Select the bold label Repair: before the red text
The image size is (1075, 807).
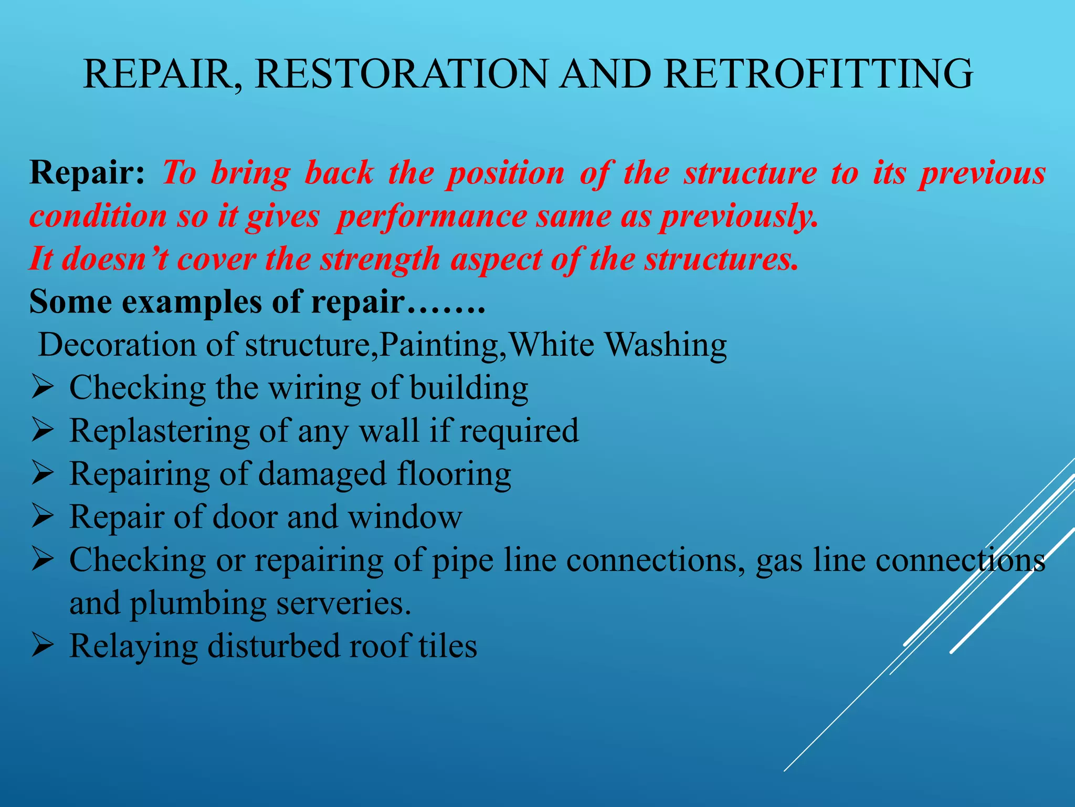click(x=87, y=172)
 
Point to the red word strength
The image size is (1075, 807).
click(x=380, y=260)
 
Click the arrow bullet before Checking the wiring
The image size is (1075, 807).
click(x=42, y=389)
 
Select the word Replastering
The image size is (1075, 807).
click(x=160, y=432)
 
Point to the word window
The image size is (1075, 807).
click(x=405, y=517)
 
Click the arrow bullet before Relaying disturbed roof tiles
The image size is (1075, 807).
click(x=42, y=645)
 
